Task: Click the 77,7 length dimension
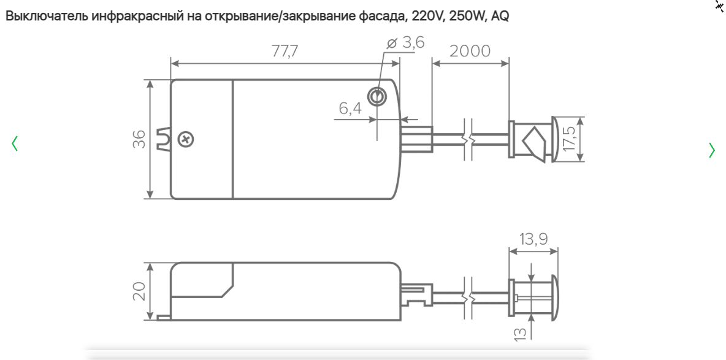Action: pyautogui.click(x=285, y=52)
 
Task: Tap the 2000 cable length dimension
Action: pyautogui.click(x=470, y=52)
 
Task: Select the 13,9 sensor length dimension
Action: pyautogui.click(x=533, y=239)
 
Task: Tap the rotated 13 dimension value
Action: pyautogui.click(x=519, y=334)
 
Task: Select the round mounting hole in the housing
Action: pyautogui.click(x=376, y=96)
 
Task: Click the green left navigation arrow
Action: pyautogui.click(x=15, y=144)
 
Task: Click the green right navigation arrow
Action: pyautogui.click(x=711, y=150)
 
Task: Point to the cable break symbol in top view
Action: pyautogui.click(x=468, y=140)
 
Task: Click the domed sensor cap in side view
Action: pyautogui.click(x=553, y=297)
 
